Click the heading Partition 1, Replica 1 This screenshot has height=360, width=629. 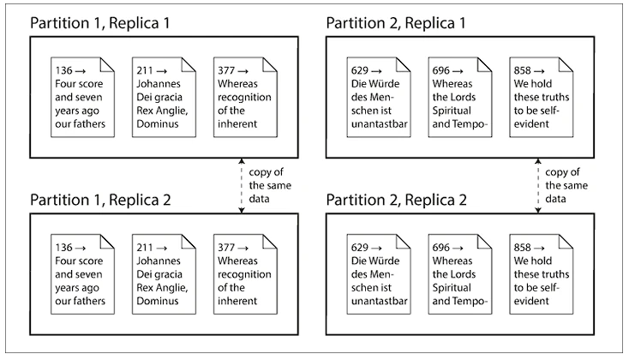(100, 23)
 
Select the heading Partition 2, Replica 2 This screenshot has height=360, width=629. (396, 200)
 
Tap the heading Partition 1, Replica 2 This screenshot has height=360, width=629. (100, 200)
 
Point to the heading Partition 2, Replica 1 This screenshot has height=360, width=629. (396, 23)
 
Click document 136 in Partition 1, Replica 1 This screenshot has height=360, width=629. (82, 97)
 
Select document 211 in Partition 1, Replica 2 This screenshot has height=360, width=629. (164, 274)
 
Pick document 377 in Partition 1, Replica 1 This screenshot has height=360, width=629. (245, 97)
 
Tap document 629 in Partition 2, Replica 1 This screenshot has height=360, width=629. (379, 97)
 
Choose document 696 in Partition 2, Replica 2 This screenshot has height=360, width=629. (460, 274)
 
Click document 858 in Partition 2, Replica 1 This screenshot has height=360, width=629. (542, 97)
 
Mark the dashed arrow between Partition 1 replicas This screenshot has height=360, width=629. (242, 185)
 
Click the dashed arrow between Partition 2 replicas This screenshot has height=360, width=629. (538, 185)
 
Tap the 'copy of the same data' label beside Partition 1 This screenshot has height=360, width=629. (270, 185)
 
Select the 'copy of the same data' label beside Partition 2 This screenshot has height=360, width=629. (566, 185)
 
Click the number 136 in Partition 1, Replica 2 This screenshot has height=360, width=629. (63, 248)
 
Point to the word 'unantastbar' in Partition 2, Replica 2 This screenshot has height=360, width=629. (380, 301)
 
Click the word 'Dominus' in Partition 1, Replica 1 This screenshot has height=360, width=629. (158, 123)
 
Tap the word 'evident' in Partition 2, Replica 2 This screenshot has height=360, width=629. (531, 301)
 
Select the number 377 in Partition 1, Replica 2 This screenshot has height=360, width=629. (226, 248)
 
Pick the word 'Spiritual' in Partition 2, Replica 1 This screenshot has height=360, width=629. (452, 111)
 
